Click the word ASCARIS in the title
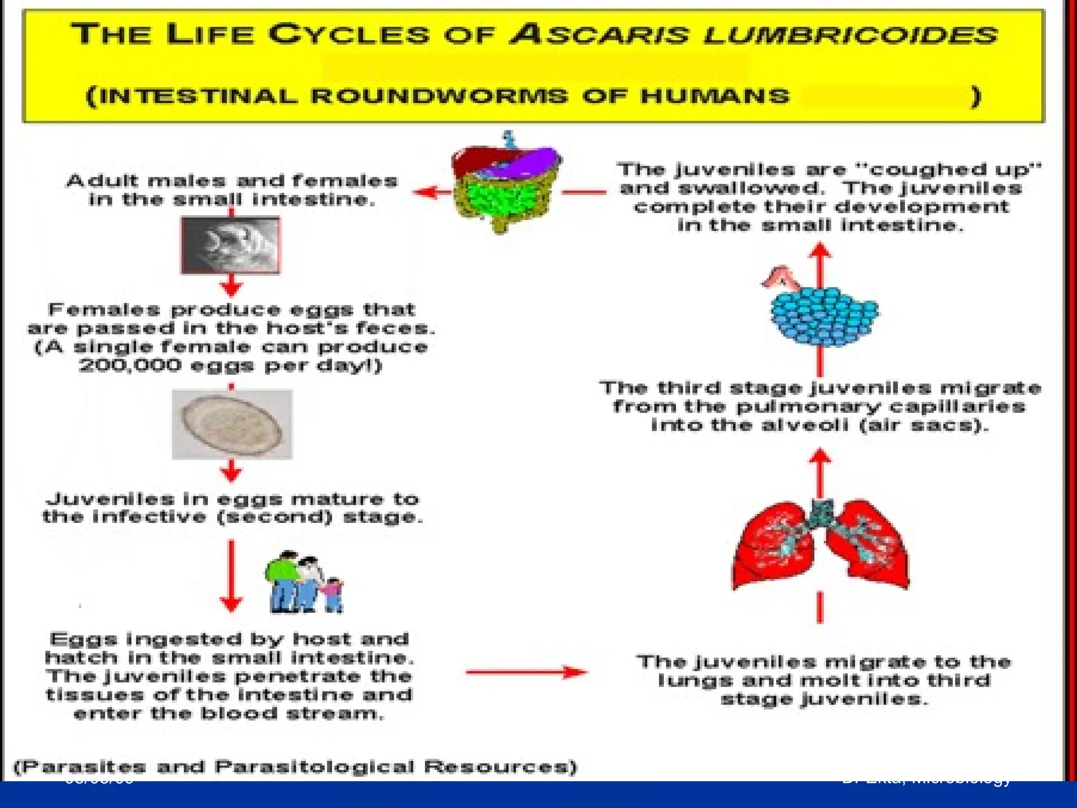click(x=600, y=35)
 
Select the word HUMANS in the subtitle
click(x=715, y=96)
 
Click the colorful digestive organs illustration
click(x=506, y=184)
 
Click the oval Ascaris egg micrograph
click(x=232, y=424)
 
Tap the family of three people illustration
click(x=304, y=583)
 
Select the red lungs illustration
click(x=820, y=544)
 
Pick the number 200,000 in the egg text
click(x=130, y=365)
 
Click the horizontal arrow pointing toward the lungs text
click(x=526, y=672)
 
